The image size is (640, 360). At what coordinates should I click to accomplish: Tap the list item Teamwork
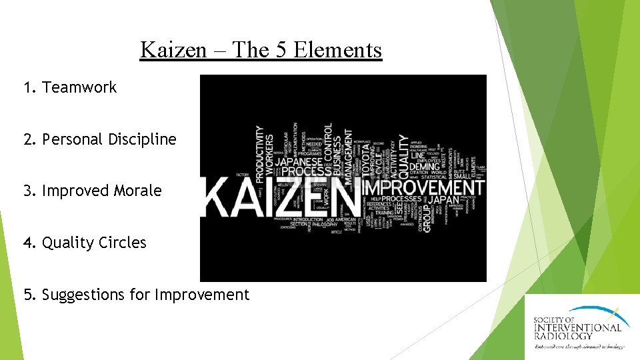coord(79,87)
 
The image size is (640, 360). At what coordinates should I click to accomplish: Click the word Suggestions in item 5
coord(83,295)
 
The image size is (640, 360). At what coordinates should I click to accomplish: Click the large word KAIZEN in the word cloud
coord(280,195)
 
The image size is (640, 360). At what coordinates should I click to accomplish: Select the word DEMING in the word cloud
coord(424,166)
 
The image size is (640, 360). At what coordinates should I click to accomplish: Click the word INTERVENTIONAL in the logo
coord(577,327)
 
